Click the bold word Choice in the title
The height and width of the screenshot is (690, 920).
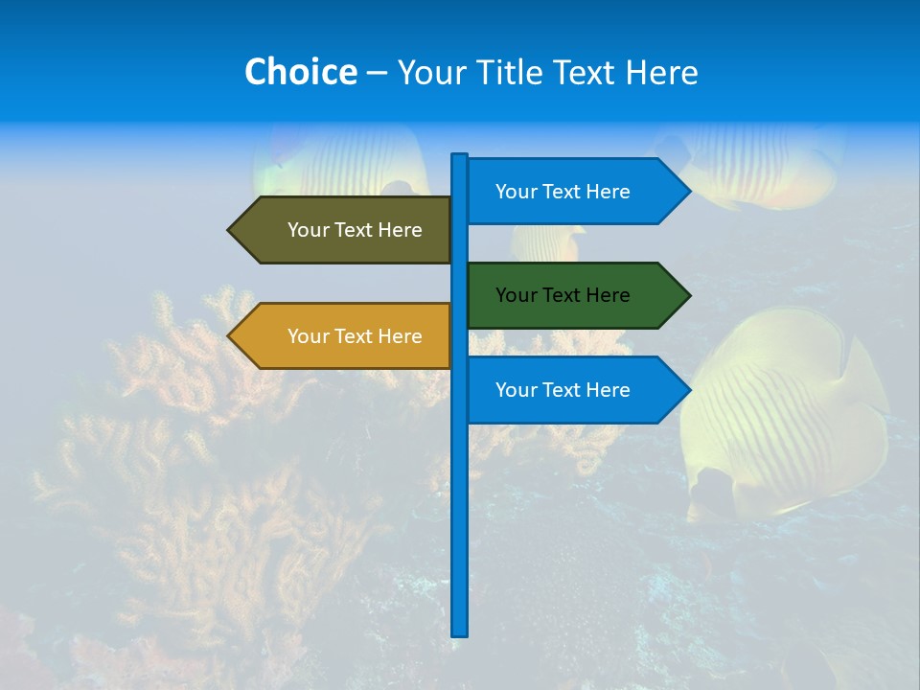tap(300, 72)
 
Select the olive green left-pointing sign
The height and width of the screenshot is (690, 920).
tap(345, 230)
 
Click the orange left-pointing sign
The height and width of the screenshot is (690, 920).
tap(345, 336)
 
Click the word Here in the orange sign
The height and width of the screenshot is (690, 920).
tap(400, 336)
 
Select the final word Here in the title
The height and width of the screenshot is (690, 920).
tap(661, 72)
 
